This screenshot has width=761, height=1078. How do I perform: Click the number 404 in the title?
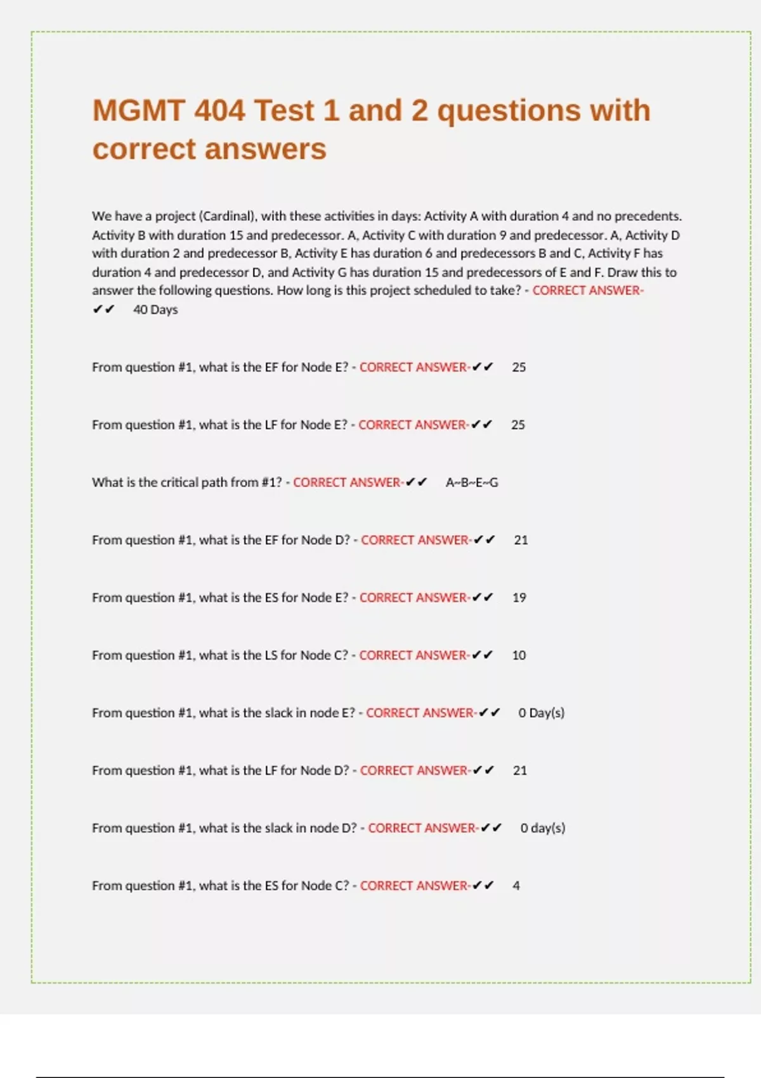(x=219, y=110)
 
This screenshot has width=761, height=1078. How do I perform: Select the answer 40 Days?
(x=155, y=310)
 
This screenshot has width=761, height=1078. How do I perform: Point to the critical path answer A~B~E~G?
(x=472, y=483)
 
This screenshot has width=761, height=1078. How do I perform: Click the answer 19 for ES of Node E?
(x=519, y=598)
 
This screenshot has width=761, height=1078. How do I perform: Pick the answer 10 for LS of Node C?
(x=519, y=656)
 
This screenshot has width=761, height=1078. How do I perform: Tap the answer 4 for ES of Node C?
(x=516, y=886)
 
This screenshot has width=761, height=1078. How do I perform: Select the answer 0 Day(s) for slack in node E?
(x=541, y=713)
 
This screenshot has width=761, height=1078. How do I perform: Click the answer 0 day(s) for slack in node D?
(x=543, y=828)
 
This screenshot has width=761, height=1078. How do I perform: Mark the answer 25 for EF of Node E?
(x=519, y=368)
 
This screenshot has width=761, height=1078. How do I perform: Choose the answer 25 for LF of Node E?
(x=518, y=425)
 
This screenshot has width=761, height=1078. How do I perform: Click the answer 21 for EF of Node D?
(x=521, y=540)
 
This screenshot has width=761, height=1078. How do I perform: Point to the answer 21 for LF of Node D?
(x=520, y=770)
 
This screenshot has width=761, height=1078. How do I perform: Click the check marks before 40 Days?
(x=103, y=310)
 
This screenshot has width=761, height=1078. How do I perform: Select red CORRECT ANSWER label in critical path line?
(x=346, y=483)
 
